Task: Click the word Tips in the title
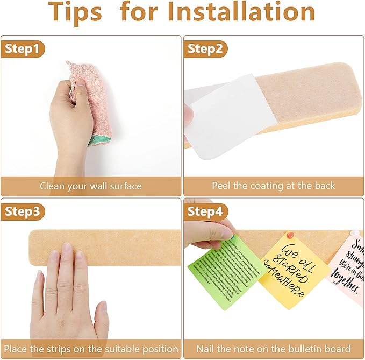pos(77,13)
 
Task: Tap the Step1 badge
pos(22,49)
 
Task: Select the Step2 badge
pos(205,49)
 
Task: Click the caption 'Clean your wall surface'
pos(91,186)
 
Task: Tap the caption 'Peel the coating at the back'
pos(273,186)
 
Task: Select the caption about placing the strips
pos(91,349)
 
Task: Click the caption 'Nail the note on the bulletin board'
pos(273,349)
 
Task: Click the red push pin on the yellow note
pos(291,235)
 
